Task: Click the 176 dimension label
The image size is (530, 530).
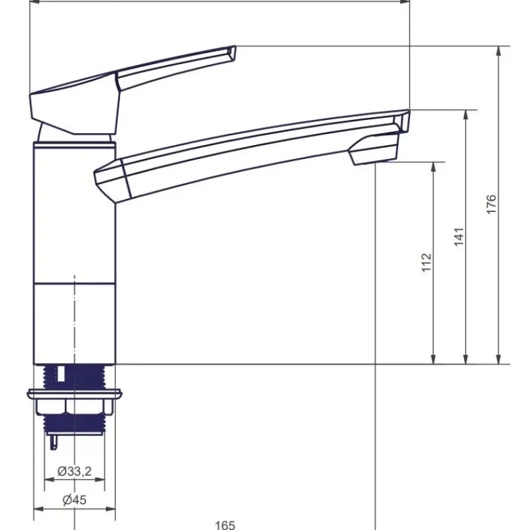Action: [491, 204]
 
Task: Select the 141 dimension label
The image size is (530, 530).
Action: [458, 237]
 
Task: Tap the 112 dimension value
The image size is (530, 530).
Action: [427, 262]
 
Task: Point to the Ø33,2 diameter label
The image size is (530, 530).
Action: [74, 471]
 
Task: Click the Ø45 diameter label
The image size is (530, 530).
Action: [75, 500]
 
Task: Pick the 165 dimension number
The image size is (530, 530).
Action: [225, 525]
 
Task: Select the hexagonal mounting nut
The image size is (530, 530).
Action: [74, 407]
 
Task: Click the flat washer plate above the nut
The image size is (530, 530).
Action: [74, 394]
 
